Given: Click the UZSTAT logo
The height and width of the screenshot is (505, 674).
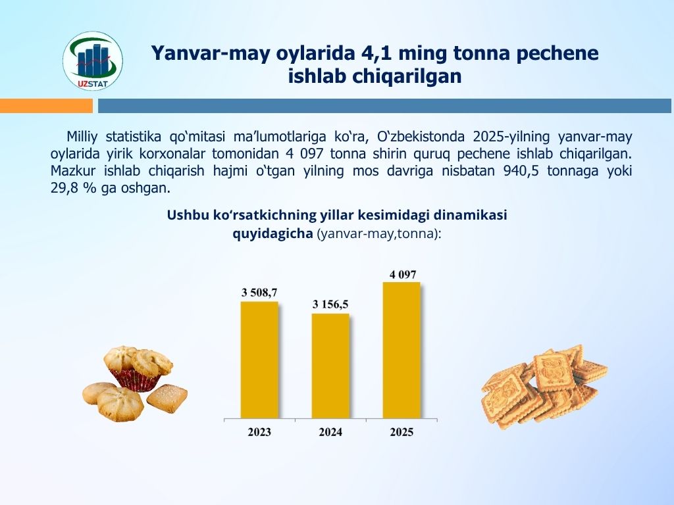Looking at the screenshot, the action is (x=93, y=61).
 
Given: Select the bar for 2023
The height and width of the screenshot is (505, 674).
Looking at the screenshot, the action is (x=259, y=360).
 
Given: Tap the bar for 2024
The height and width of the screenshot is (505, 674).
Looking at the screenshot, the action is (x=330, y=366).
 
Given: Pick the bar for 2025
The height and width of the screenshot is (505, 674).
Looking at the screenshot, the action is (x=402, y=350).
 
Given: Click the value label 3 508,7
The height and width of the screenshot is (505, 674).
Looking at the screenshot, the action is (x=259, y=293).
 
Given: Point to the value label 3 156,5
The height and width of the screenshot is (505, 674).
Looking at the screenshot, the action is (x=330, y=304).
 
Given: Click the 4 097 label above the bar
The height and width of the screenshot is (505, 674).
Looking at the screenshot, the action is (x=403, y=274).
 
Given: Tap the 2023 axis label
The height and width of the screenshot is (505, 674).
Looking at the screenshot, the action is (x=259, y=432).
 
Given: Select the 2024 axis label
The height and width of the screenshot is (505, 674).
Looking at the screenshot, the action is (x=330, y=432).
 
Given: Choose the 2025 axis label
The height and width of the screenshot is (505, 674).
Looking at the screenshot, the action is (x=402, y=432).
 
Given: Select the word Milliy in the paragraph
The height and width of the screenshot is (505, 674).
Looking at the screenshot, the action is (x=82, y=137).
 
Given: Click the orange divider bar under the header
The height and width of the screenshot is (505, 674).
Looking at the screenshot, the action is (x=47, y=106).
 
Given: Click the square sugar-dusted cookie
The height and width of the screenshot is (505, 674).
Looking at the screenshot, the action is (x=167, y=398).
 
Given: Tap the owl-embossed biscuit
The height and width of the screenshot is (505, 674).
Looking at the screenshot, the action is (x=554, y=372).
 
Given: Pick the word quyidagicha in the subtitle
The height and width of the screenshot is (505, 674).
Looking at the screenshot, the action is (x=272, y=234).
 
